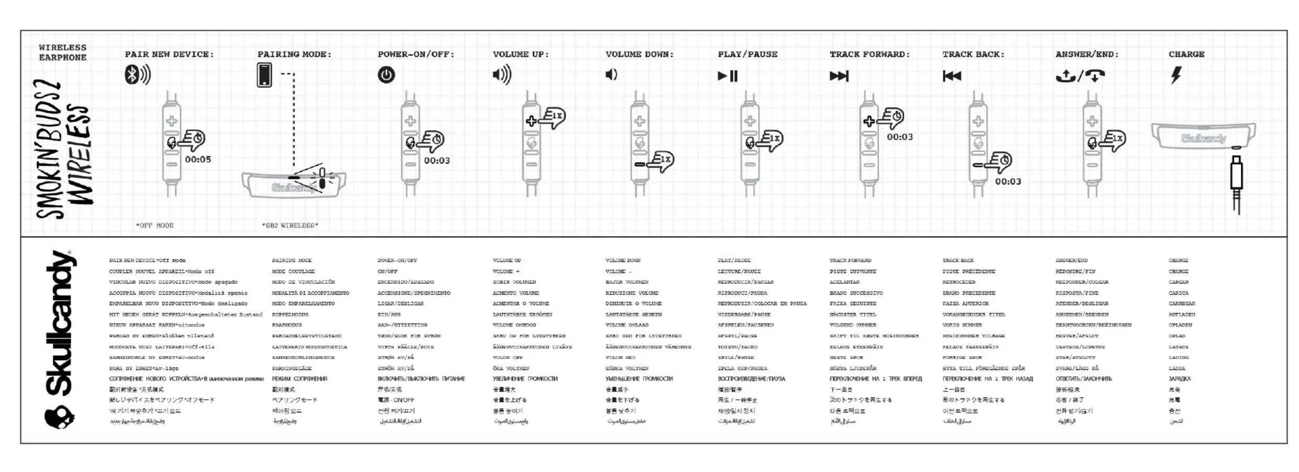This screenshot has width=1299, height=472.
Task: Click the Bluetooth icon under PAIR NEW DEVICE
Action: coord(137,75)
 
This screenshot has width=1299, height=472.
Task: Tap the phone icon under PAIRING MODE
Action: coord(264,75)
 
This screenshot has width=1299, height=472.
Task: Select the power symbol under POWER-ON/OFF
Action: coord(386,75)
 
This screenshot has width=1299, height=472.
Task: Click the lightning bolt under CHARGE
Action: coord(1176,75)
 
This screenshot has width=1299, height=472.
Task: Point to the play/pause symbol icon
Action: coord(728,76)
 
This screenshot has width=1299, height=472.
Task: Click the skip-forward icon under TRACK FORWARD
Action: coord(839,76)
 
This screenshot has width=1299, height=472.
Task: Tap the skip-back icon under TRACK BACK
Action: coord(952,76)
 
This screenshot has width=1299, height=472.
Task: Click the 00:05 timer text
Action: coord(198,159)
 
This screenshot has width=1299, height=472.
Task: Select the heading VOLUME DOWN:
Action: coord(639,54)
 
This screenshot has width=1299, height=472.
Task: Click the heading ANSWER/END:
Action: coord(1087,54)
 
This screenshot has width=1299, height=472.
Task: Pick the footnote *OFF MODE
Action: coord(155,226)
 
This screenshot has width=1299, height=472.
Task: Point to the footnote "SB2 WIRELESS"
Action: coord(290,226)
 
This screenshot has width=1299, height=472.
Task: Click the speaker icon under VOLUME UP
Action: coord(502,75)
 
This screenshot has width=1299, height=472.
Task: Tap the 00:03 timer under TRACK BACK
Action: coord(1008,182)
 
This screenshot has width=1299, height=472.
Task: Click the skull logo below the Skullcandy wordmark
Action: coord(59,417)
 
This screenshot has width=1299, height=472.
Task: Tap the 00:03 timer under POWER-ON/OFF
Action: coord(437,161)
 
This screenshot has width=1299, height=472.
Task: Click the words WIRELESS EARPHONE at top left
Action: coord(62,52)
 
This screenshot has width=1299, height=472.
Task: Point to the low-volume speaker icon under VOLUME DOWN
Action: coord(611,75)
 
